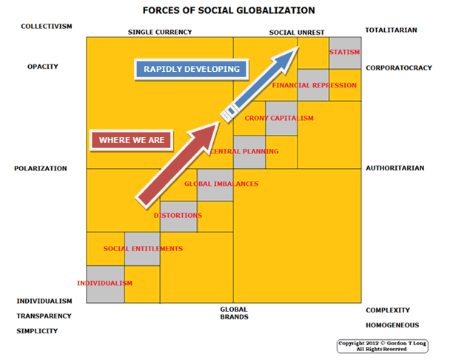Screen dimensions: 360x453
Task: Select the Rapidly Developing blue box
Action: [x=192, y=69]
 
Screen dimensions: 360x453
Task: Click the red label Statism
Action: [x=344, y=53]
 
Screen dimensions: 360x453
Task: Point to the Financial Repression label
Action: [x=314, y=85]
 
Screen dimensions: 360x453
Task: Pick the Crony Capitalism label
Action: [x=279, y=119]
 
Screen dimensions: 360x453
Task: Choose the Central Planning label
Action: [x=244, y=151]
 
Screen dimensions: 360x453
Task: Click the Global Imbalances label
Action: [x=221, y=184]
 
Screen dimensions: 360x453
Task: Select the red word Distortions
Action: [x=178, y=216]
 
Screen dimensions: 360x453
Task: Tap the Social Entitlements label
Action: [x=143, y=248]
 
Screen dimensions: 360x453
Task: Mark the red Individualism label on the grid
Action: [x=104, y=283]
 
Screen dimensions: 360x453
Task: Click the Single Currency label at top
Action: [x=160, y=32]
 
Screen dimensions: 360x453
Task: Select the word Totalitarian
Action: [x=391, y=30]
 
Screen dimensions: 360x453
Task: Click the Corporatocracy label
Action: [x=398, y=67]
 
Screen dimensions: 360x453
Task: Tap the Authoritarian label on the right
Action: [x=395, y=168]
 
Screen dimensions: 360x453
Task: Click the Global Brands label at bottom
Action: [x=234, y=313]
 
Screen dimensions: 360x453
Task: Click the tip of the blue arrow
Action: [x=299, y=47]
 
